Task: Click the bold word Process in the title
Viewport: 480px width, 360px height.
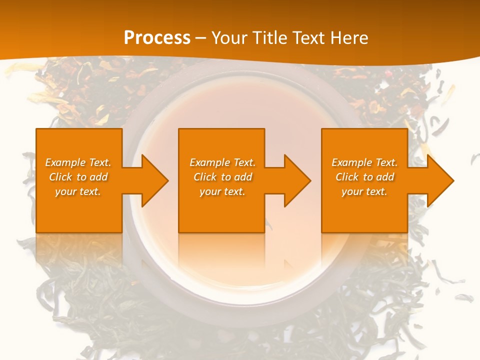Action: click(157, 38)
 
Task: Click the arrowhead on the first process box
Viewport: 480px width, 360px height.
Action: click(155, 180)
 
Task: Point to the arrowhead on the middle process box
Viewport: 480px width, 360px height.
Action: click(298, 180)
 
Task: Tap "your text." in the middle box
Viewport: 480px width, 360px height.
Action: click(222, 191)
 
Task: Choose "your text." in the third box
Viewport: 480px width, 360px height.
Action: click(364, 191)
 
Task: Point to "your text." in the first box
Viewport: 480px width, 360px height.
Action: click(78, 191)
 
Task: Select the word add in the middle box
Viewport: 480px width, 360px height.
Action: click(243, 177)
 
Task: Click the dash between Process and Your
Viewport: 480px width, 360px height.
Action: click(201, 38)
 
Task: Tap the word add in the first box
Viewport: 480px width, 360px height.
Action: click(98, 177)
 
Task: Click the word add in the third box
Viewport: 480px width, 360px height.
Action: click(385, 177)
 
